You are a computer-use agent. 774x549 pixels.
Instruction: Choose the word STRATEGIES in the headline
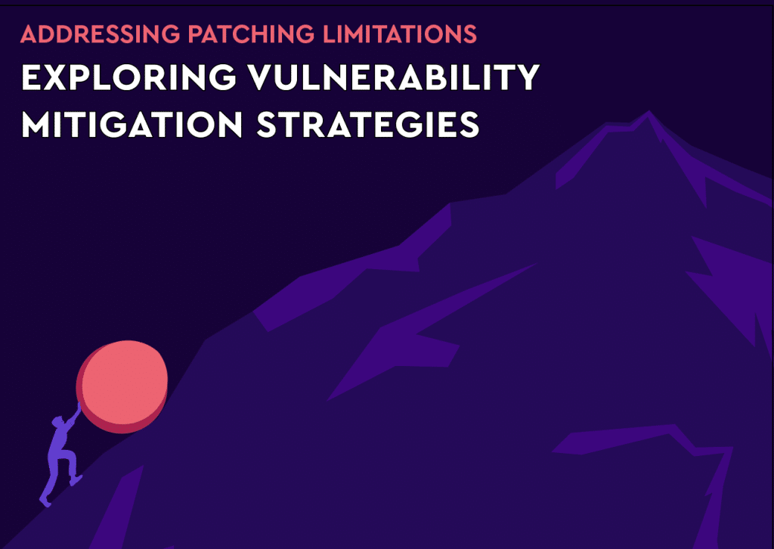[x=368, y=124]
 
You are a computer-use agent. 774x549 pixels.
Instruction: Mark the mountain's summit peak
[x=648, y=115]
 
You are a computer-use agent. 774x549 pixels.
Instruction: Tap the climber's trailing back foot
[x=45, y=499]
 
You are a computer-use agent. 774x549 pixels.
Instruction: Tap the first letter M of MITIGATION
[x=37, y=124]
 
